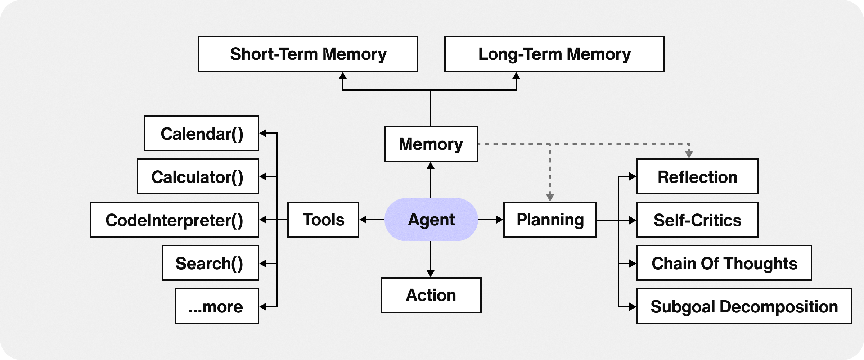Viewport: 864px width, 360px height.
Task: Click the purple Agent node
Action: click(x=431, y=220)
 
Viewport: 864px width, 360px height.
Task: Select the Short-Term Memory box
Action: click(x=308, y=54)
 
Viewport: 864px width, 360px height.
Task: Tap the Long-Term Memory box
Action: click(x=554, y=54)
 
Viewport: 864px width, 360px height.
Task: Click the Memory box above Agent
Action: click(x=431, y=144)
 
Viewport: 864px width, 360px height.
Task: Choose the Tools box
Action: click(x=323, y=220)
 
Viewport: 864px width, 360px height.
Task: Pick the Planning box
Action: click(x=550, y=220)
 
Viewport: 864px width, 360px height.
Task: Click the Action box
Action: click(x=431, y=295)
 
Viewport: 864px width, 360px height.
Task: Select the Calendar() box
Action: click(x=202, y=133)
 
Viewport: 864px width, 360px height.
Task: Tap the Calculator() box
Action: click(x=198, y=176)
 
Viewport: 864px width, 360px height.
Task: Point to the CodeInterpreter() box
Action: click(x=174, y=220)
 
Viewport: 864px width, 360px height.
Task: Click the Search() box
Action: click(x=210, y=263)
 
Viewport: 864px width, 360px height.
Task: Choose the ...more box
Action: click(x=217, y=306)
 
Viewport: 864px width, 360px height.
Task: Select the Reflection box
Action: click(x=697, y=176)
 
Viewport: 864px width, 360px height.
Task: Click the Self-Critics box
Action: click(x=697, y=220)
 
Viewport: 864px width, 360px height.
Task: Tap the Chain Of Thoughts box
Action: click(x=724, y=263)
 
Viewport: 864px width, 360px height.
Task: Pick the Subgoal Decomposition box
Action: click(x=744, y=306)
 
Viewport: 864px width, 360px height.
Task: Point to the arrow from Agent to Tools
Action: click(x=372, y=220)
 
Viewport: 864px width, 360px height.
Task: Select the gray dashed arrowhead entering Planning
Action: click(x=550, y=197)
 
